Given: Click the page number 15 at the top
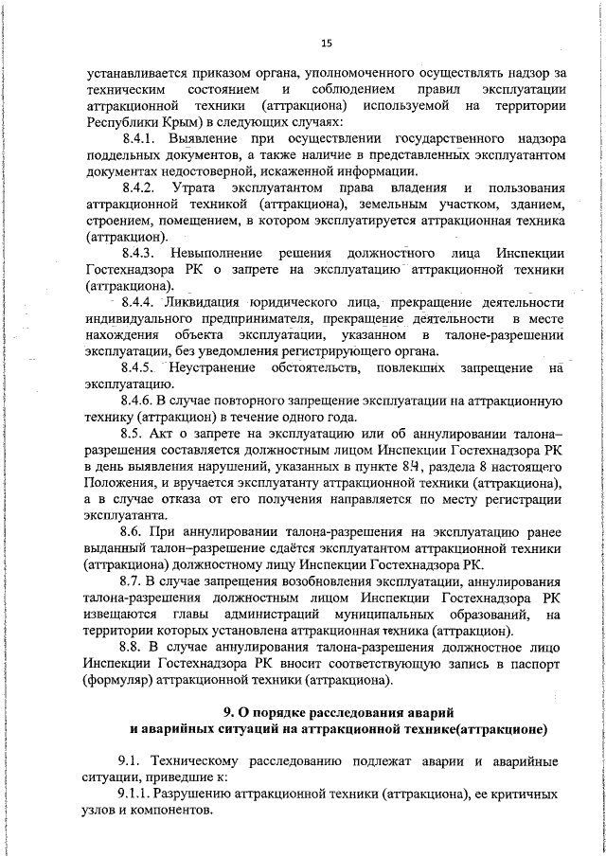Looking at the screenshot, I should [326, 43].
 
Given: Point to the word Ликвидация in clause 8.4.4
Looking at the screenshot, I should [208, 302].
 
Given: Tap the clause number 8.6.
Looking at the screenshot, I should [134, 532].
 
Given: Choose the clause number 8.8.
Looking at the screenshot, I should [135, 646].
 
